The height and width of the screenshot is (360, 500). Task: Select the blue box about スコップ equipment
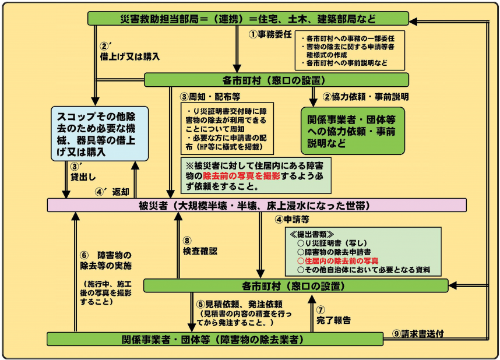tap(98, 132)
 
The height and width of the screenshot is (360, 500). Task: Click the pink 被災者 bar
tap(256, 205)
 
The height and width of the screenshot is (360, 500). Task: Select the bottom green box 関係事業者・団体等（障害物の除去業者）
tap(215, 338)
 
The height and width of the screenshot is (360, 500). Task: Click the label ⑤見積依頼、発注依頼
tap(240, 304)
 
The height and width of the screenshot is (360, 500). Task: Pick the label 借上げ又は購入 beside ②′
tap(129, 57)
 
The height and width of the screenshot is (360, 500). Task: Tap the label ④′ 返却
tap(115, 190)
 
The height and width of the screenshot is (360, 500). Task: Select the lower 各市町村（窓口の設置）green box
tap(295, 285)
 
